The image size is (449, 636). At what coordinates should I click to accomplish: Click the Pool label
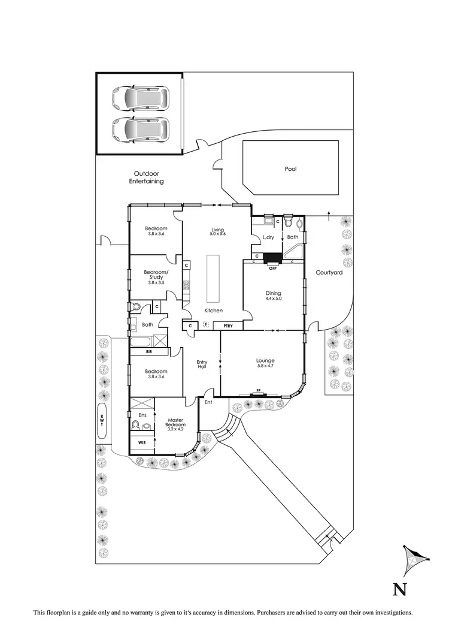click(290, 169)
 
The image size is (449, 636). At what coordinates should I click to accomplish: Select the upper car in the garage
click(141, 98)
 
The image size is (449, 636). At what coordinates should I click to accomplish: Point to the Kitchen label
click(214, 311)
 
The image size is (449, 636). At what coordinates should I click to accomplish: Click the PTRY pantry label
click(228, 325)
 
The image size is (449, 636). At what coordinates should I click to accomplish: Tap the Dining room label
click(274, 293)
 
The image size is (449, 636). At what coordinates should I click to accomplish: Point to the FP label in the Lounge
click(259, 390)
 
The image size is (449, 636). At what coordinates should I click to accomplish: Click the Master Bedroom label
click(175, 423)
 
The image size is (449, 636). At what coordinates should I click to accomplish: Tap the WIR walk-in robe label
click(142, 442)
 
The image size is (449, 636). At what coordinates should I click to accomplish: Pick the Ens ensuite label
click(142, 415)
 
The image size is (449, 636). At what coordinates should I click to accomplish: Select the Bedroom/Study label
click(156, 275)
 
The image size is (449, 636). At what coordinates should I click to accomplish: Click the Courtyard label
click(329, 273)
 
